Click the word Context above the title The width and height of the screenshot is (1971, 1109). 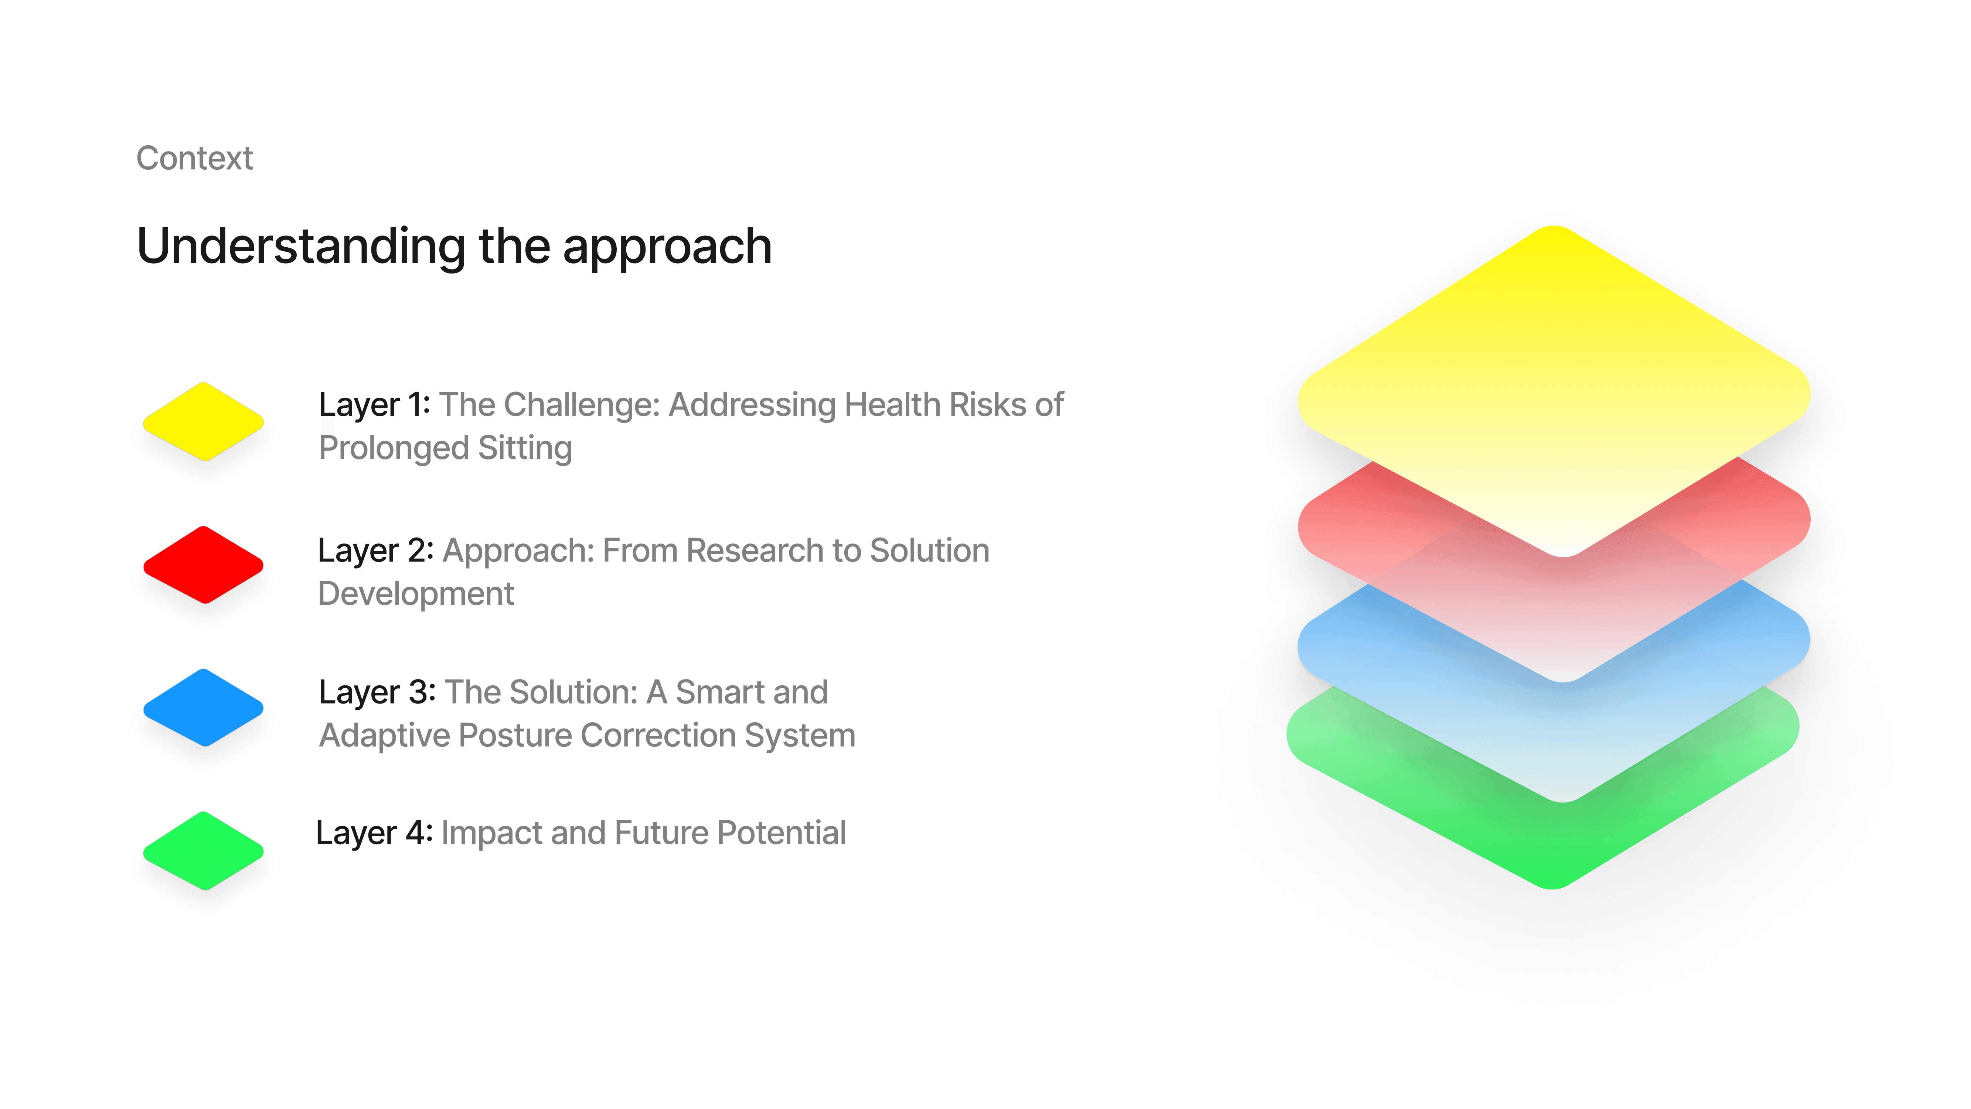click(194, 159)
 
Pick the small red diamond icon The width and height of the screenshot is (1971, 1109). click(204, 565)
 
